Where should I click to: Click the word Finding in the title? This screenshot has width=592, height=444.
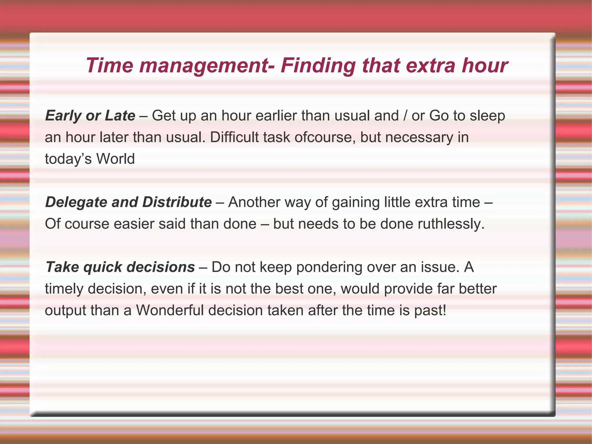tap(318, 66)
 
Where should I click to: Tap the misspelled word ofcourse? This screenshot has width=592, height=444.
tap(325, 137)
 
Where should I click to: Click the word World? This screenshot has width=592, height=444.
tap(115, 159)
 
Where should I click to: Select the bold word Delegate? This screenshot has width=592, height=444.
tap(76, 202)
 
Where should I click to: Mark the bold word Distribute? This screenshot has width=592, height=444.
tap(177, 202)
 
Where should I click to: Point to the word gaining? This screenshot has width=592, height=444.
tap(356, 202)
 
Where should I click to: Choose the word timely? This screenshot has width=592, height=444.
tap(64, 289)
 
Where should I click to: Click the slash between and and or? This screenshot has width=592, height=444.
tap(405, 116)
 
